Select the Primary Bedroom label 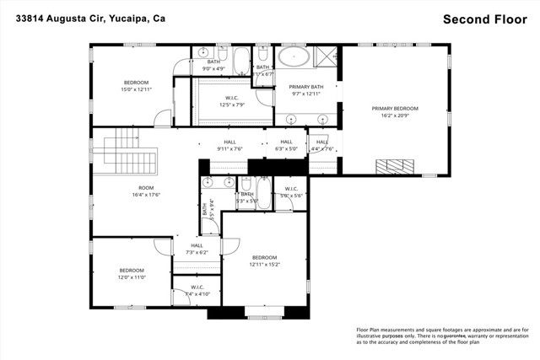coord(395,111)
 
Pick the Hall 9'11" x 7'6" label coord(229,145)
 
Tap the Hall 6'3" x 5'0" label coord(286,145)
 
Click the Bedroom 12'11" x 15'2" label coord(264,261)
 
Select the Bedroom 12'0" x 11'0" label coord(132,273)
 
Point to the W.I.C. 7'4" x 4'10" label coord(197,291)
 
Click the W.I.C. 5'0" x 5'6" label coord(291,191)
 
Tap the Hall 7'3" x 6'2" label coord(197,249)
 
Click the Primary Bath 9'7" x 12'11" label coord(305,90)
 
